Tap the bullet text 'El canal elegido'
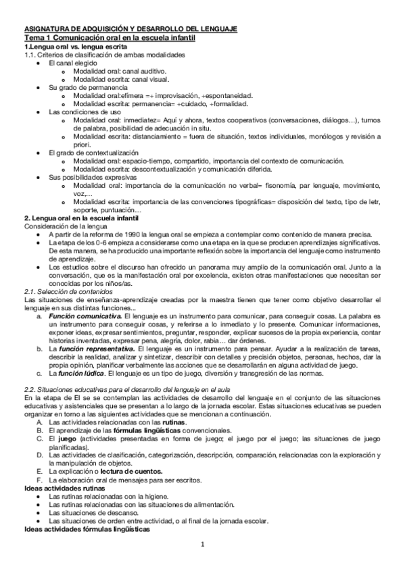click(x=74, y=63)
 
